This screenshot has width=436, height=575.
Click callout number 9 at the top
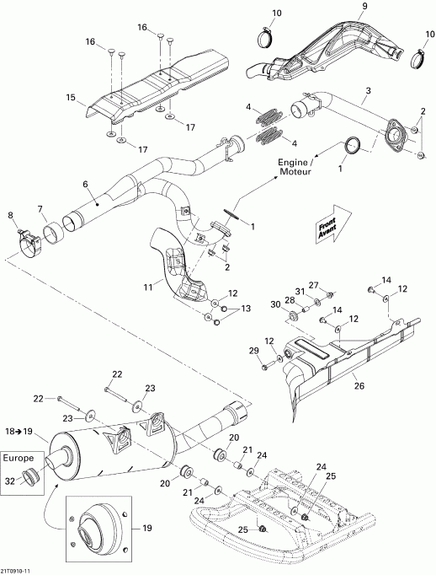340,7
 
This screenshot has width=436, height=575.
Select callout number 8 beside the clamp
10,217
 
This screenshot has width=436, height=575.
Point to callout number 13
246,310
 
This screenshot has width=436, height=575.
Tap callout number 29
254,350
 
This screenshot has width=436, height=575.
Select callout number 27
312,285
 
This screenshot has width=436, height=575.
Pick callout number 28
289,301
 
